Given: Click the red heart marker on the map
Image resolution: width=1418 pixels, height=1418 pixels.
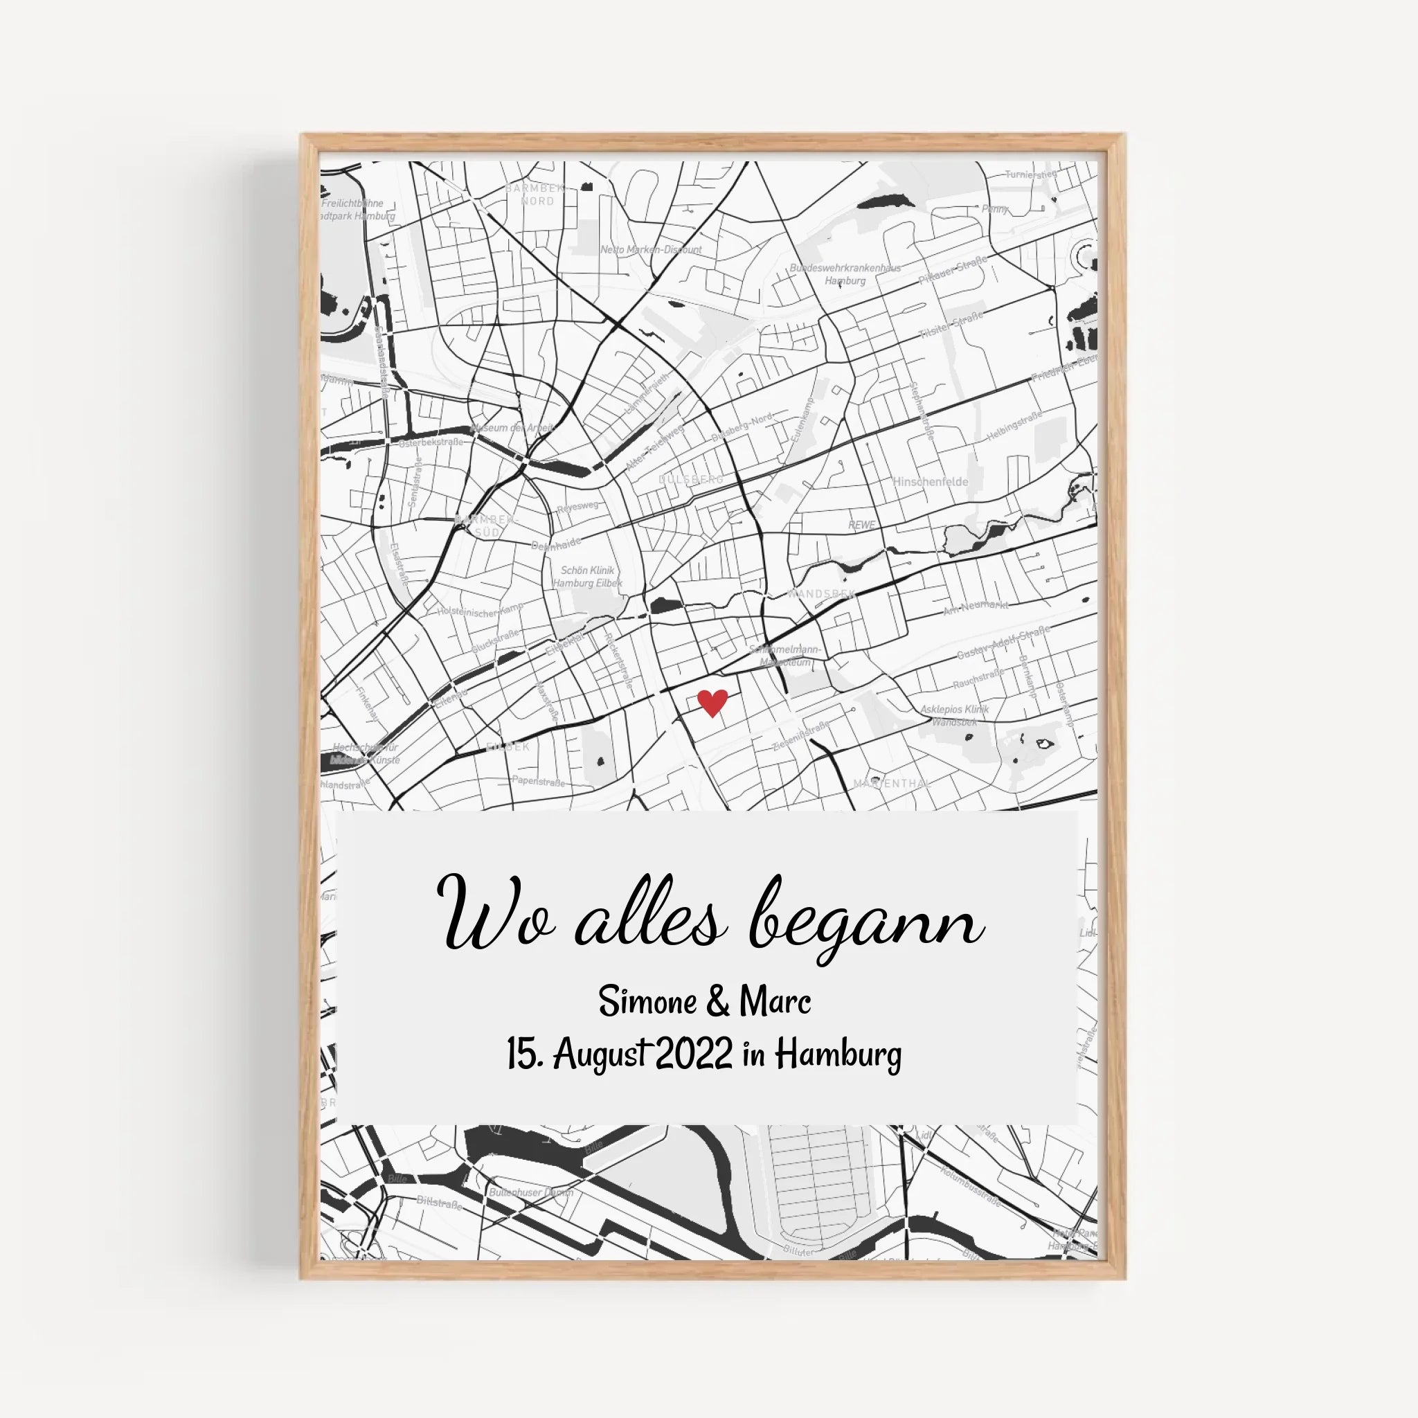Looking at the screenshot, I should click(x=711, y=702).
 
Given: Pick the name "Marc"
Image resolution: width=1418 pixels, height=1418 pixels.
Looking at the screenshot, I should click(x=775, y=1001).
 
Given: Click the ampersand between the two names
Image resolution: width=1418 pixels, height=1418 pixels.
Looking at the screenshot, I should click(x=717, y=1002).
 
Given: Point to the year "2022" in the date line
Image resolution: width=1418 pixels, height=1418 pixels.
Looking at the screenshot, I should click(x=693, y=1055).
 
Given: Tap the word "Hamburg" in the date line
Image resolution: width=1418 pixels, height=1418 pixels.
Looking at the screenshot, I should click(x=839, y=1056).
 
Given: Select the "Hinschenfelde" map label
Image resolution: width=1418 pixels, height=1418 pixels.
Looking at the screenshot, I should click(x=930, y=481).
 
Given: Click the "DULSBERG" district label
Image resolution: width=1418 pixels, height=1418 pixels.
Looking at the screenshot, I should click(x=690, y=479).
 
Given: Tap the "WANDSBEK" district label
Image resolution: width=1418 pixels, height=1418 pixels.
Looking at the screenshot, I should click(x=820, y=593).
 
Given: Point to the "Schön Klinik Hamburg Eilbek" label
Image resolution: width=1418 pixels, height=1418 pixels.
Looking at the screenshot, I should click(x=587, y=576).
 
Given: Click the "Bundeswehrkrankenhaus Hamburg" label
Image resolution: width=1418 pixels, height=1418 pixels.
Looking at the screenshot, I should click(x=845, y=273).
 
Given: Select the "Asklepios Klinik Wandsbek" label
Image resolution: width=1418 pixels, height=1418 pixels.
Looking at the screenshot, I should click(x=954, y=715).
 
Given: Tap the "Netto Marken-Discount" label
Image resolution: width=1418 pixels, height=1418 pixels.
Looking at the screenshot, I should click(x=651, y=249).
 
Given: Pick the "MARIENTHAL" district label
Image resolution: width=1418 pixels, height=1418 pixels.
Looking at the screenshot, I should click(x=891, y=784).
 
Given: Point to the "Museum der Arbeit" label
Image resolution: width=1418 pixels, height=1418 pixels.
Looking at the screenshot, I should click(x=512, y=427).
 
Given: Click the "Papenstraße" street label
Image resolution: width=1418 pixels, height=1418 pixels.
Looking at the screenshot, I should click(x=539, y=781).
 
